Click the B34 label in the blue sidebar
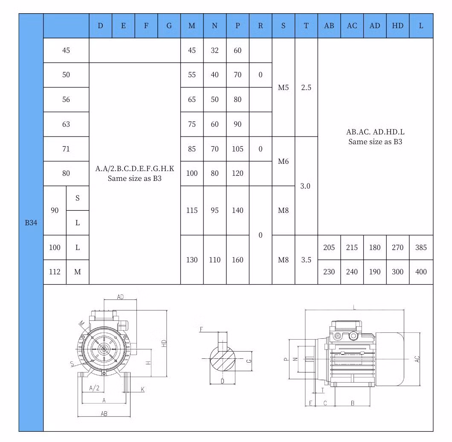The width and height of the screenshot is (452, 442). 31,222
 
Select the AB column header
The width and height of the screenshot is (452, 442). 329,26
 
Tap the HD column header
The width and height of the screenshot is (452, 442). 397,26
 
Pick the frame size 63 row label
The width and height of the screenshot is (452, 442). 66,124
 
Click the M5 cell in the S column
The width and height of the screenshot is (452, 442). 283,87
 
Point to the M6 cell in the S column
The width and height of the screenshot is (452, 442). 283,161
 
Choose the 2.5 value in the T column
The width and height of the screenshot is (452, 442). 306,87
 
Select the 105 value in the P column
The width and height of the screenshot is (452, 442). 238,149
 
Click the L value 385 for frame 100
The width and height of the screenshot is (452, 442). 421,247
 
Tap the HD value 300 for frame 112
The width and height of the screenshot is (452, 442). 397,272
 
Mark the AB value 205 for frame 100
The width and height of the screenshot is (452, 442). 329,247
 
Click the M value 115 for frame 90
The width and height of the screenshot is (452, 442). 192,210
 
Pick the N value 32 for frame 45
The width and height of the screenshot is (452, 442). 214,50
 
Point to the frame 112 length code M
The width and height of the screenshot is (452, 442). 78,272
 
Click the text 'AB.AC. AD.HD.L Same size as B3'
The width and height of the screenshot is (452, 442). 375,137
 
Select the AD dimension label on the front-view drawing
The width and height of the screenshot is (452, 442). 121,297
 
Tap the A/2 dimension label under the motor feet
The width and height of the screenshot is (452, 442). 94,388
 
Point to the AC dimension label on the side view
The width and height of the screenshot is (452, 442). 417,359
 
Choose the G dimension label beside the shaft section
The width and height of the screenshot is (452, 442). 249,361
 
